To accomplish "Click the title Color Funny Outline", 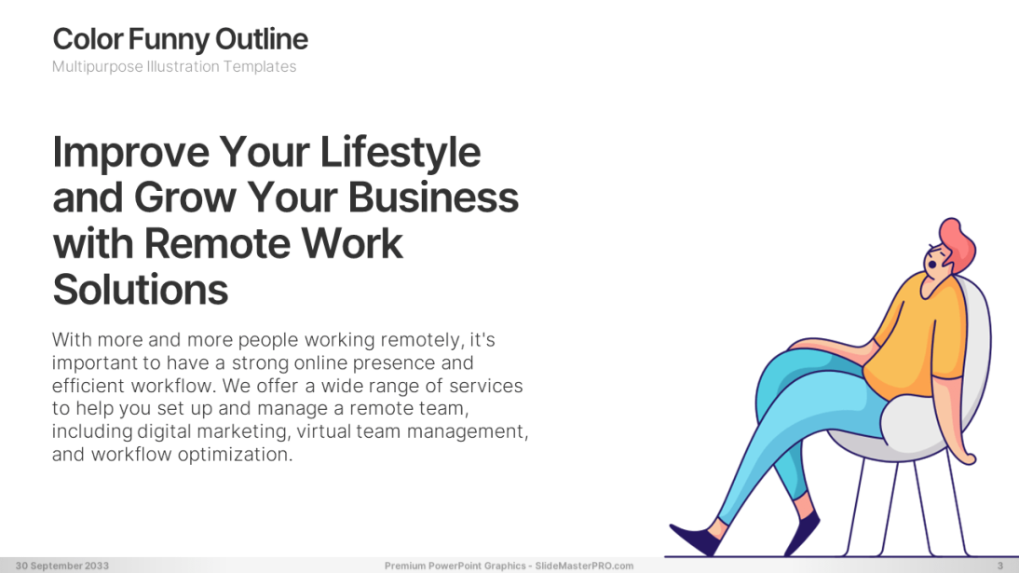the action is point(180,39).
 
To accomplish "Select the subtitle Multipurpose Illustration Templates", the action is point(174,67).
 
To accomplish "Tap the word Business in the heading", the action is point(433,198).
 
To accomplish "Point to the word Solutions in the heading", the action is point(141,290).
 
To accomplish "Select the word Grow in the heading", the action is point(184,198).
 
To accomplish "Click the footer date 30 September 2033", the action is point(62,566).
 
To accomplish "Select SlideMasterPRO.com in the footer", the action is point(584,566).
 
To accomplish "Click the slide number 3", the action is point(1000,566).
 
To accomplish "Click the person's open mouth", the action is point(932,265).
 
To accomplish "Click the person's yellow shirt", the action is point(919,338).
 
